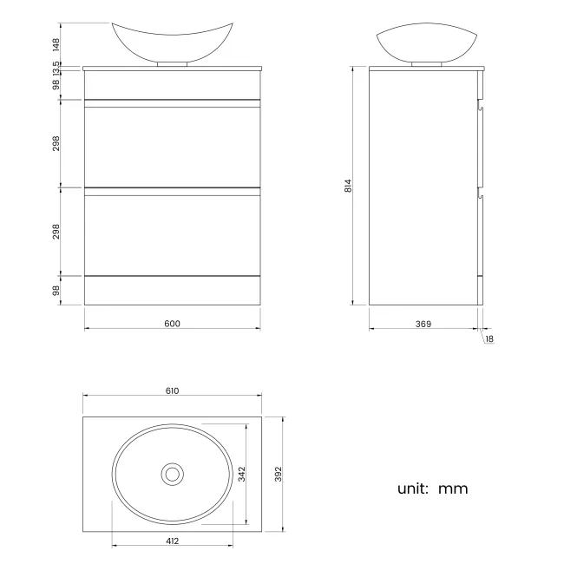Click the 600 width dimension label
tap(172, 324)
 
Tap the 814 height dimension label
tap(348, 186)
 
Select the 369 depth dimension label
tap(423, 324)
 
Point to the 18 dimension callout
tap(489, 338)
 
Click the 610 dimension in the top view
tap(172, 390)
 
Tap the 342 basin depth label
tap(242, 473)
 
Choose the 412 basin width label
tap(172, 541)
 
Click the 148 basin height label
tap(56, 43)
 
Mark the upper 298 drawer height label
tap(56, 143)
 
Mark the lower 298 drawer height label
tap(56, 232)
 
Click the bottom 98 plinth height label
tap(56, 291)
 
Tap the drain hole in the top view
tap(172, 474)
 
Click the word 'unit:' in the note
tap(413, 489)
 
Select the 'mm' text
tap(453, 489)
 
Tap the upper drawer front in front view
tap(172, 148)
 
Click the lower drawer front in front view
tap(172, 234)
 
